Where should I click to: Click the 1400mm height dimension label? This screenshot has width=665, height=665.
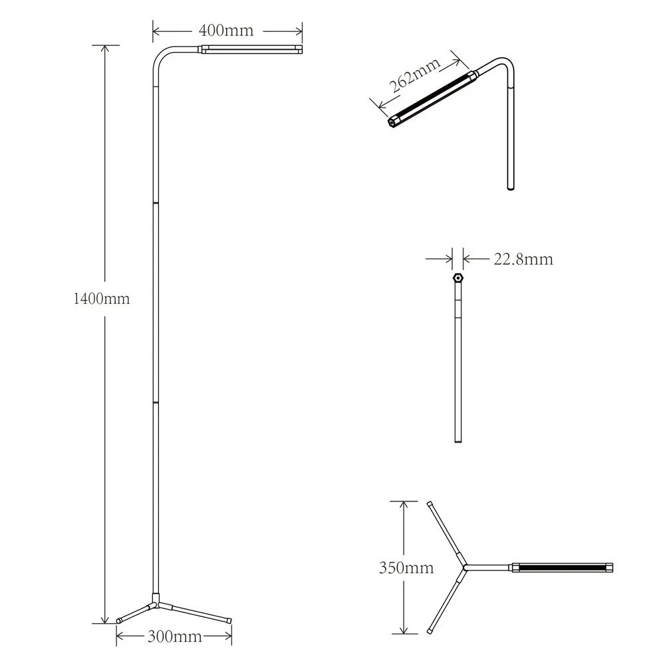pos(101,299)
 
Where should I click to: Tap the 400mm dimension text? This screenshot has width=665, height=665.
pos(226,31)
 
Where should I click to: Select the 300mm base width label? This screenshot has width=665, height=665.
pos(174,636)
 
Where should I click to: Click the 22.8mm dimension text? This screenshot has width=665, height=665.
pos(523,259)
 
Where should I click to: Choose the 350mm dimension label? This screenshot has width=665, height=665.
pos(406,568)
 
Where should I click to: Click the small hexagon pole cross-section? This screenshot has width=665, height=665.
pos(458,277)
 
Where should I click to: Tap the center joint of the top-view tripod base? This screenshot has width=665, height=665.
pos(465,567)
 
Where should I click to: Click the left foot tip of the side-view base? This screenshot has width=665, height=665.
pos(119,620)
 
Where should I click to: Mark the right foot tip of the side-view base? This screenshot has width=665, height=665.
pos(229,619)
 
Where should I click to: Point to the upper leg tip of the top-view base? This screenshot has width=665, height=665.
pos(430,505)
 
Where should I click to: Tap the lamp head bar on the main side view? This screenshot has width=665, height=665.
pos(251,49)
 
